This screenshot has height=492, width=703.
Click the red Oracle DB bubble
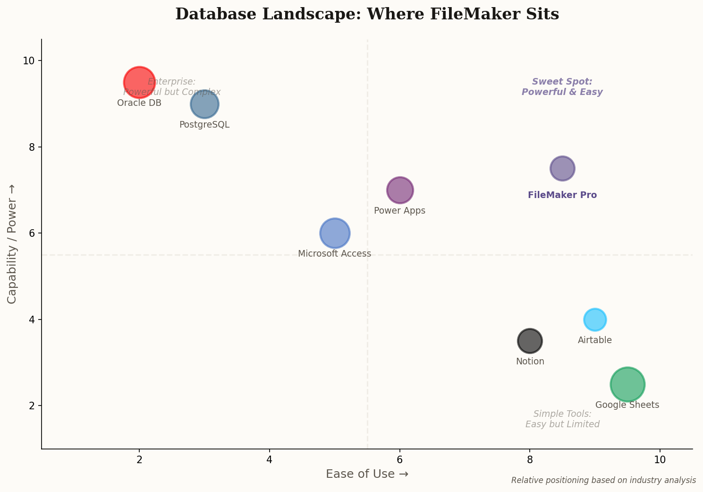pyautogui.click(x=139, y=82)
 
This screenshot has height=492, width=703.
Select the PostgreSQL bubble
pyautogui.click(x=204, y=104)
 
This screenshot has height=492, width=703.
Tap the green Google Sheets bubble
pyautogui.click(x=627, y=384)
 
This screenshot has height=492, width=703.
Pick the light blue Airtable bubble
pyautogui.click(x=595, y=319)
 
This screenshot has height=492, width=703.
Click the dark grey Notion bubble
pyautogui.click(x=530, y=341)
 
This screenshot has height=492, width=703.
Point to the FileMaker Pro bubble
pyautogui.click(x=562, y=168)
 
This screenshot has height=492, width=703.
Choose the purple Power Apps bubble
pyautogui.click(x=400, y=190)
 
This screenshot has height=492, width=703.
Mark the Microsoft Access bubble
pyautogui.click(x=335, y=233)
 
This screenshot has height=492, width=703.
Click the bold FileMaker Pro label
pyautogui.click(x=562, y=195)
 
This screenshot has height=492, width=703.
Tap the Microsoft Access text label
pyautogui.click(x=334, y=254)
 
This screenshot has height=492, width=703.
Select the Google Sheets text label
pyautogui.click(x=627, y=405)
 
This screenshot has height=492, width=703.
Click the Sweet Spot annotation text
pyautogui.click(x=562, y=87)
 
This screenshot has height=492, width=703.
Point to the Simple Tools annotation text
pyautogui.click(x=562, y=419)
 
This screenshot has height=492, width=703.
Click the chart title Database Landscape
pyautogui.click(x=367, y=14)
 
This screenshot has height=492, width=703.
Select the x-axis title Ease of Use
pyautogui.click(x=367, y=474)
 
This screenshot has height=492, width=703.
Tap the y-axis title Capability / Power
pyautogui.click(x=12, y=244)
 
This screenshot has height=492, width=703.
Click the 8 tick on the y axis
pyautogui.click(x=32, y=147)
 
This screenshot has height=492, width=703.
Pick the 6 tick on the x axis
pyautogui.click(x=400, y=460)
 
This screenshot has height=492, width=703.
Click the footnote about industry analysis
pyautogui.click(x=603, y=480)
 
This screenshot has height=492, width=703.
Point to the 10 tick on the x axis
pyautogui.click(x=660, y=460)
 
